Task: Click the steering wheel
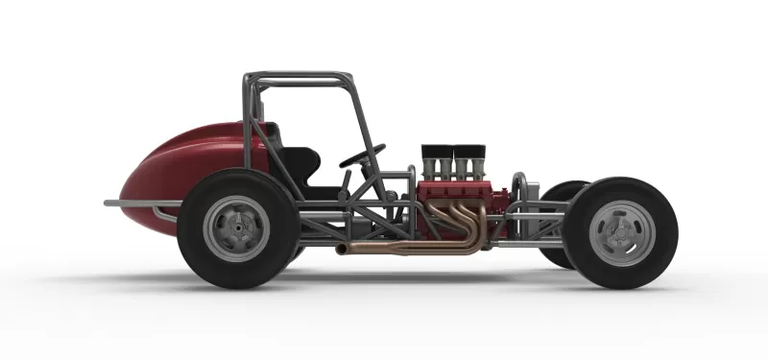click(362, 156)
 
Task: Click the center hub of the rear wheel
click(236, 229)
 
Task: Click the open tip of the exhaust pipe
click(340, 251)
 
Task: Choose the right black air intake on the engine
click(469, 153)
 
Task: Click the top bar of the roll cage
click(298, 75)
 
